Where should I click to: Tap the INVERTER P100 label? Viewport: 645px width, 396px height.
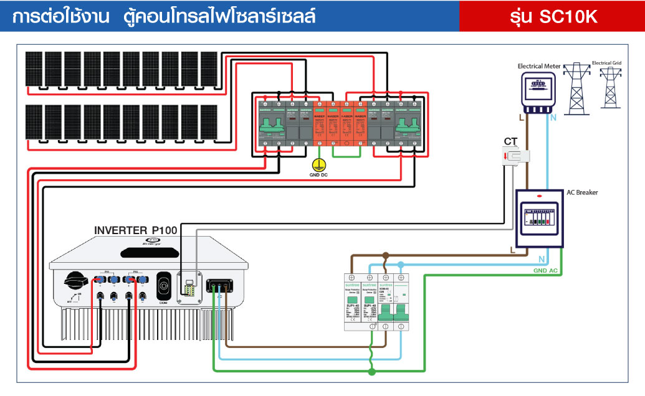point(135,230)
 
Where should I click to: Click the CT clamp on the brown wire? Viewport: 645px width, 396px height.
point(517,158)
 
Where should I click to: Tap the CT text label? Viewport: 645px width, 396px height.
point(511,141)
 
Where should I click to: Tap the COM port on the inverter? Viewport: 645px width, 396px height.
point(165,287)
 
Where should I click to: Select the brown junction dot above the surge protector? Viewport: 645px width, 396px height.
point(386,255)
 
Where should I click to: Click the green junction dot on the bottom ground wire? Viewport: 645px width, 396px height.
point(373,372)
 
